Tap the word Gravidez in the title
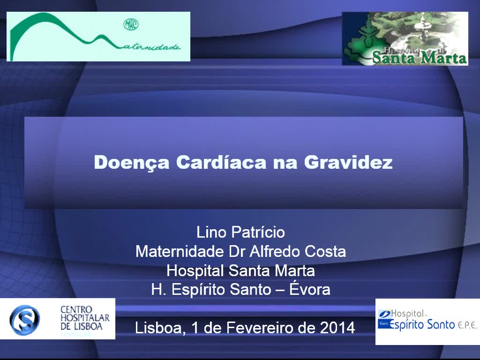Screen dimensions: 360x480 pyautogui.click(x=348, y=163)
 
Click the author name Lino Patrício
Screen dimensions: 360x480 pyautogui.click(x=240, y=232)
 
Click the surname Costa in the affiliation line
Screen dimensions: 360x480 pyautogui.click(x=325, y=252)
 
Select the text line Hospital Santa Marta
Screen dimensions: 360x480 pyautogui.click(x=240, y=271)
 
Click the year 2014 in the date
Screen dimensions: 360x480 pyautogui.click(x=337, y=327)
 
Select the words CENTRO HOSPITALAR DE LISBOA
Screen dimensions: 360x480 pyautogui.click(x=85, y=318)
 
